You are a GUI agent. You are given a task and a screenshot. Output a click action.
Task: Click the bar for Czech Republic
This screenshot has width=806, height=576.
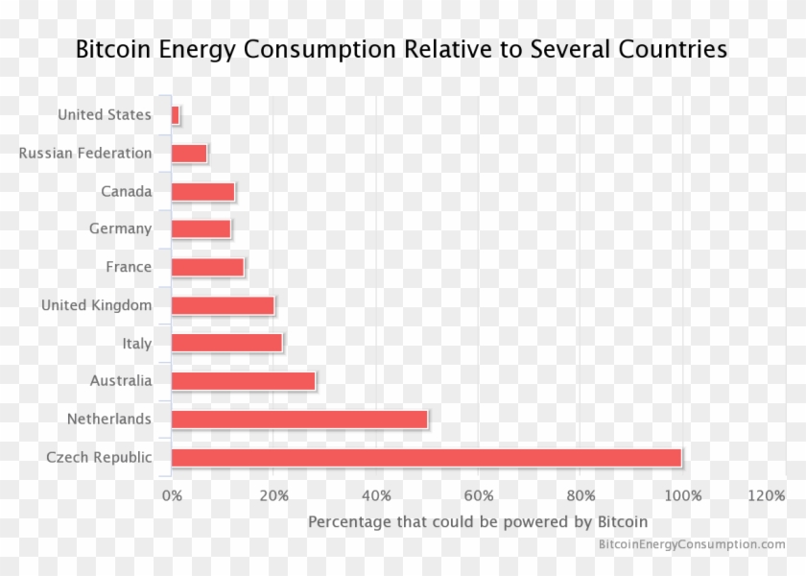[426, 457]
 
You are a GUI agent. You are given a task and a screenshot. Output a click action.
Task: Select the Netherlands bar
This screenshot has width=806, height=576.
[299, 420]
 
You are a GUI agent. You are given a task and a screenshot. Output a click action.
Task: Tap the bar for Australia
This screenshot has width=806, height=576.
[243, 381]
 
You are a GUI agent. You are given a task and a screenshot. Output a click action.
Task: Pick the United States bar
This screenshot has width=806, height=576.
[176, 115]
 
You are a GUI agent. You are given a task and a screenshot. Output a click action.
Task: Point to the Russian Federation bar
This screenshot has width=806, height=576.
[189, 153]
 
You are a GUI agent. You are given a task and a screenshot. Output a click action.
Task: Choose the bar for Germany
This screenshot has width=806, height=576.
[201, 228]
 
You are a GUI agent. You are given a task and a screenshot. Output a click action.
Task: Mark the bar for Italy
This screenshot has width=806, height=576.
[226, 343]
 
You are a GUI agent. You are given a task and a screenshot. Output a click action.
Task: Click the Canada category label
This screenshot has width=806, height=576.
[127, 191]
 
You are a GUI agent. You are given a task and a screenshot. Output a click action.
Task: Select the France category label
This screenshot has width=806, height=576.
[129, 267]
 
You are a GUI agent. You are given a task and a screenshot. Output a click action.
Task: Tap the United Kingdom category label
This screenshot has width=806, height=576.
[96, 305]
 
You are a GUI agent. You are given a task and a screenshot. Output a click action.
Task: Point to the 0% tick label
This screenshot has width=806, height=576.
[172, 495]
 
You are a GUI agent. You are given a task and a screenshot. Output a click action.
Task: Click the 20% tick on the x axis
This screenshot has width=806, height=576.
[274, 495]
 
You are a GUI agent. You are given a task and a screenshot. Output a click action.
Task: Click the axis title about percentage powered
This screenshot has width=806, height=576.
[478, 522]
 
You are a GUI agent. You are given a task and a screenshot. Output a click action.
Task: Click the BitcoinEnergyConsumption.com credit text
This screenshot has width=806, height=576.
[692, 544]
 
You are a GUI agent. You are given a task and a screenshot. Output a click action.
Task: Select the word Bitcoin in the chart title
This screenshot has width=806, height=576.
[112, 49]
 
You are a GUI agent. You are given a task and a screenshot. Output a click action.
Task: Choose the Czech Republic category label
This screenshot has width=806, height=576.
[99, 457]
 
